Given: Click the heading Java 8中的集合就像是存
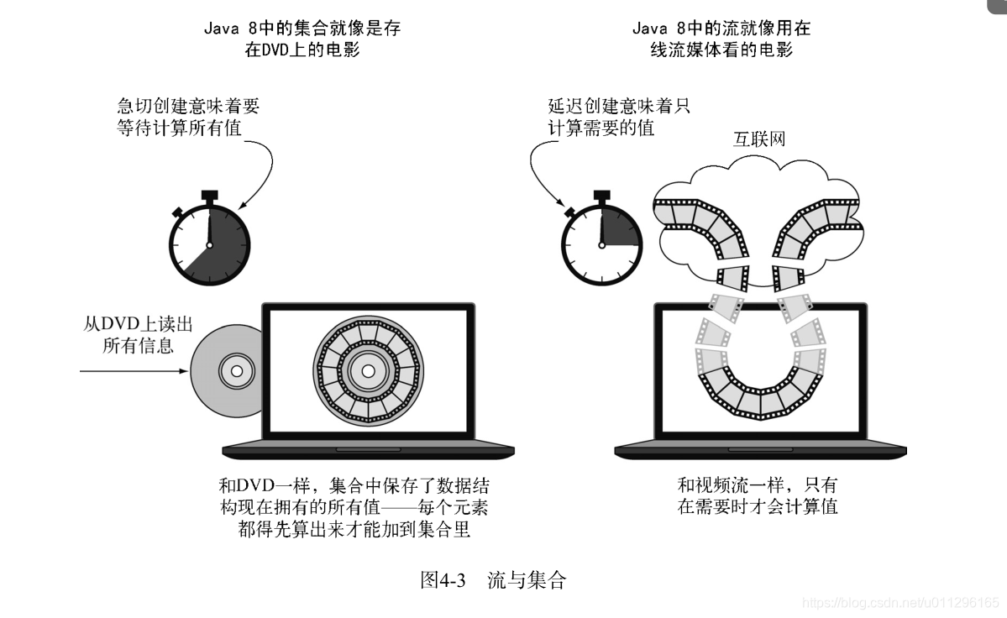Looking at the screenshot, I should tap(302, 29).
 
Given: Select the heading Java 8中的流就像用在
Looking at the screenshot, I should tap(721, 29).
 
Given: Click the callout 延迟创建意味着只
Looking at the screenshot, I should tap(619, 107).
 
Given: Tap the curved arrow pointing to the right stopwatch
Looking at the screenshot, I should tap(538, 172).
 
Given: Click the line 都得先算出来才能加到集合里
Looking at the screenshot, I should tap(354, 529).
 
